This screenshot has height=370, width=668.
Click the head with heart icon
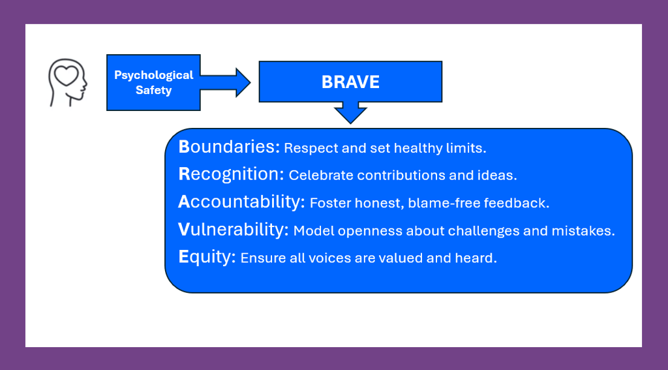click(67, 83)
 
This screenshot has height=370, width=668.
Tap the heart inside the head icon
click(66, 76)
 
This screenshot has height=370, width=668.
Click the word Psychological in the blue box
click(154, 76)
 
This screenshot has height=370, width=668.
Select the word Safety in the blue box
click(154, 90)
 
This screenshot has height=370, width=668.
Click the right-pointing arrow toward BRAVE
click(225, 82)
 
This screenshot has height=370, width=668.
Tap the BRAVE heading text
click(350, 82)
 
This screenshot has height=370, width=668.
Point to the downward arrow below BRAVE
click(350, 112)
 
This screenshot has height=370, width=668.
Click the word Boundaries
click(229, 147)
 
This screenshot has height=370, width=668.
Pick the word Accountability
click(241, 202)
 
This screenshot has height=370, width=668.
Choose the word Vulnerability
click(234, 229)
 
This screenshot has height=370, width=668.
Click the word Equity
click(207, 257)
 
